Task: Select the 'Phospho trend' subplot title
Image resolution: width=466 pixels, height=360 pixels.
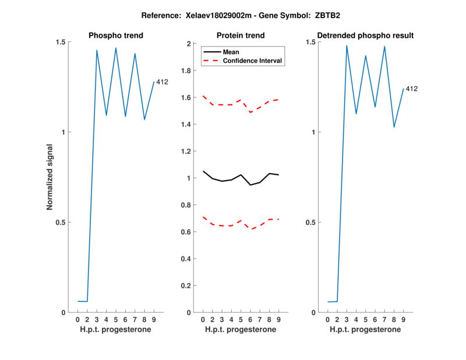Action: point(116,36)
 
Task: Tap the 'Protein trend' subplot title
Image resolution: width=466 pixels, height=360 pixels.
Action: point(241,36)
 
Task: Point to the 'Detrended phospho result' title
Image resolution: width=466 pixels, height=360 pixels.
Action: point(365,36)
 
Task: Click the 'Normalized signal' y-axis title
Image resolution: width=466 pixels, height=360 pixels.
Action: point(50,177)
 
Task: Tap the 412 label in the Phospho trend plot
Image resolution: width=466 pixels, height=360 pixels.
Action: point(162,82)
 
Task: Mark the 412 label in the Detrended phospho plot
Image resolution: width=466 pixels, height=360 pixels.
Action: point(412,89)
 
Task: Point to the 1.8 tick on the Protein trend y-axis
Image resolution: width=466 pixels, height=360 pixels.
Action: point(186,70)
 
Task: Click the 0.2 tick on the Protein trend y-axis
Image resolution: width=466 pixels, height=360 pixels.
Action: point(186,286)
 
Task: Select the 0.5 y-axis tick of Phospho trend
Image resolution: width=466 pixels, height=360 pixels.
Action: point(61,223)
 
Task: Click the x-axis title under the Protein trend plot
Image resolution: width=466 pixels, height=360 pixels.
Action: point(241,330)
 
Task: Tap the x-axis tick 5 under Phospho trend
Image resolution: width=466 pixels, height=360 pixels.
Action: point(115,320)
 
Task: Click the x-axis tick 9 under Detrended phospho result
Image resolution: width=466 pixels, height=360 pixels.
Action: point(403,320)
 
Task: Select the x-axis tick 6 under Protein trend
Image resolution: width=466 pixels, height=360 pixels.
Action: point(250,320)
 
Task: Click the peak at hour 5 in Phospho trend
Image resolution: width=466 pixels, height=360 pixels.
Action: point(116,48)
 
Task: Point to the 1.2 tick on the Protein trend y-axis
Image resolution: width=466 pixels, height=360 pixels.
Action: point(186,151)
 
